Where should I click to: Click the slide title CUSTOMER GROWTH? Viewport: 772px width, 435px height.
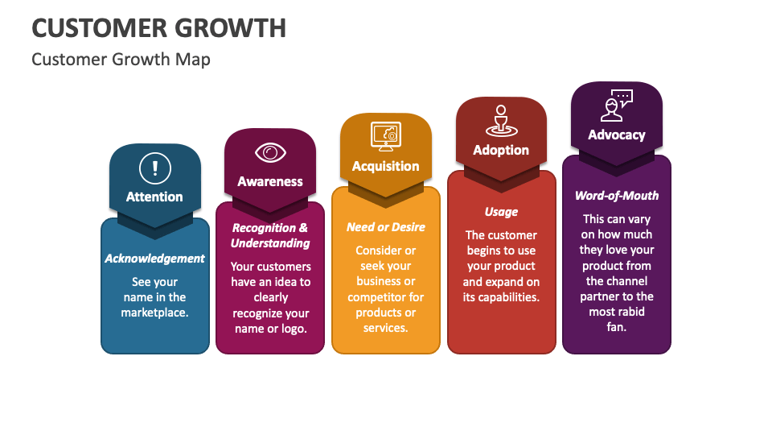[158, 27]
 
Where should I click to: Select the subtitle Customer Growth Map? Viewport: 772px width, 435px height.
[121, 60]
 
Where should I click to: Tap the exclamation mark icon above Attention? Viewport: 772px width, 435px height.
[154, 169]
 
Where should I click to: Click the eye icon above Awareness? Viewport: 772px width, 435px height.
[270, 152]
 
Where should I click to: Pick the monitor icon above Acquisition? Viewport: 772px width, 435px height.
[385, 136]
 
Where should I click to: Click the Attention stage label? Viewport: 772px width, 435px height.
[154, 197]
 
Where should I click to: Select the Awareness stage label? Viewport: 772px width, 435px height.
[270, 181]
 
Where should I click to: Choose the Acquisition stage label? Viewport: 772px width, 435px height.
[385, 166]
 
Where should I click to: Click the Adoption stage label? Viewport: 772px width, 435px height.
[501, 150]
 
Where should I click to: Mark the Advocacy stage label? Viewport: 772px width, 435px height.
[617, 135]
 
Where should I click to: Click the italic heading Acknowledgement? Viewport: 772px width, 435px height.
[154, 259]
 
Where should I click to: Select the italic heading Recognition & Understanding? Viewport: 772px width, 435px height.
[270, 235]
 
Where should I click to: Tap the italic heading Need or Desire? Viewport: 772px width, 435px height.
[385, 227]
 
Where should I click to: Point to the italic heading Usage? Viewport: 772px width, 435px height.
[501, 212]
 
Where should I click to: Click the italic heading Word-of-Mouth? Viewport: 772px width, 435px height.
[617, 196]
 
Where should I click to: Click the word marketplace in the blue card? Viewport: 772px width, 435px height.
[154, 313]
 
